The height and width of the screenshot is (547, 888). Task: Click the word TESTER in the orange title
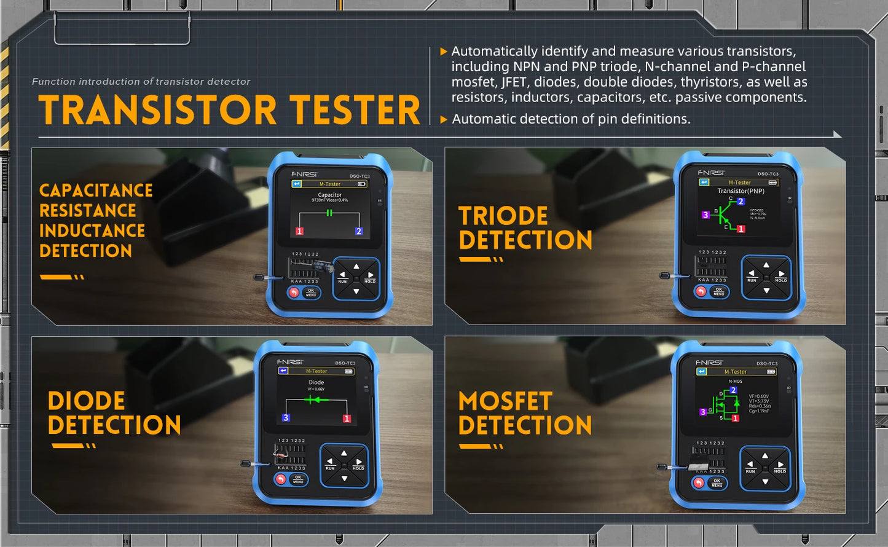pos(355,110)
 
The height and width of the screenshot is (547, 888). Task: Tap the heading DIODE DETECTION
pos(114,413)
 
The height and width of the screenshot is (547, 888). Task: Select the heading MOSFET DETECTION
pos(525,413)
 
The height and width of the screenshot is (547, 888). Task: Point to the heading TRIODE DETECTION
pos(525,228)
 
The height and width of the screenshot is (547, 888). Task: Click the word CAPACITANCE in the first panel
pos(96,191)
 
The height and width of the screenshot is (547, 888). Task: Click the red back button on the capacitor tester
pos(294,293)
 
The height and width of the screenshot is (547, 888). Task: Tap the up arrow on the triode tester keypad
pos(766,266)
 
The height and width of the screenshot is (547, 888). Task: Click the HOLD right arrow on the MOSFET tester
pos(780,466)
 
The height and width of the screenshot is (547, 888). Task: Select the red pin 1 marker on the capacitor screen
pos(299,231)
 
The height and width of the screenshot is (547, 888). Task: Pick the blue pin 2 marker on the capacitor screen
pos(359,231)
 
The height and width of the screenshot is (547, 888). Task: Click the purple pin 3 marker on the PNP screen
pos(705,215)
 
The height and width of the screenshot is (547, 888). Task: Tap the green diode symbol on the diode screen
pos(315,399)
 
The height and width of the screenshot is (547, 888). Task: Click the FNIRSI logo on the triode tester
pos(711,173)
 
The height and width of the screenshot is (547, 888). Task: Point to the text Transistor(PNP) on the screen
pos(741,191)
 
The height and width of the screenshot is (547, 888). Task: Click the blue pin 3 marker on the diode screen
pos(286,418)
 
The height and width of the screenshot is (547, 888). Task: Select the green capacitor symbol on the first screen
pos(329,213)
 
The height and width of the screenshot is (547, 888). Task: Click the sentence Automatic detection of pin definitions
pos(571,119)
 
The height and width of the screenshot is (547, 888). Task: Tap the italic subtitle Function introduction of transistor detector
pos(141,82)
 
